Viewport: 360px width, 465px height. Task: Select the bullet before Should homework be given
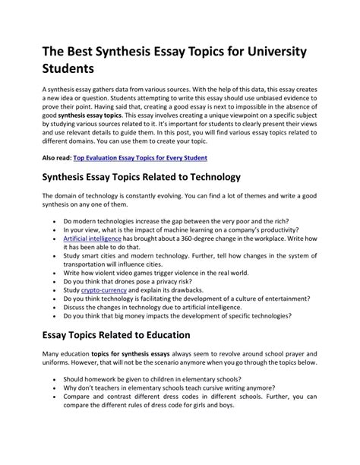click(55, 378)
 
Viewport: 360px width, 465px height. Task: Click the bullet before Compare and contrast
click(55, 397)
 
